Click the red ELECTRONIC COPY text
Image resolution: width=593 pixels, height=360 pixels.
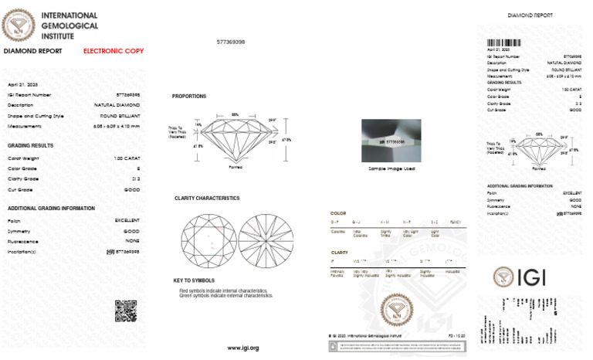[x=114, y=51]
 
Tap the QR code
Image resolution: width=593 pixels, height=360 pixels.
[x=126, y=310]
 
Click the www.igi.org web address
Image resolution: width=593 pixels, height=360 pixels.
[x=242, y=348]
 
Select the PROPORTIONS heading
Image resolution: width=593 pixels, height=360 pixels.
[x=189, y=97]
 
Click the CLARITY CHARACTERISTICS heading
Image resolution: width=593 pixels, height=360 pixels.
[x=207, y=199]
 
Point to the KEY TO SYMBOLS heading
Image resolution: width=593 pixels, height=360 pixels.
[x=193, y=280]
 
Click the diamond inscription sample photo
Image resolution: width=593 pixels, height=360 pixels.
[x=394, y=139]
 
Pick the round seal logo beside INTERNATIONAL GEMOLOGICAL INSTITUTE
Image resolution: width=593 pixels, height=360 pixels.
[x=18, y=25]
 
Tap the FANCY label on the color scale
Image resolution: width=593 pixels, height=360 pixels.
[x=456, y=222]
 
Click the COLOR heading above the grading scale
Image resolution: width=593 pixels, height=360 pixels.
[x=338, y=213]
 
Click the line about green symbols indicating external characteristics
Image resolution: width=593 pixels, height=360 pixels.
[x=225, y=295]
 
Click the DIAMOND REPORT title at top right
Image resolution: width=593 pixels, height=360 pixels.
[x=530, y=15]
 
